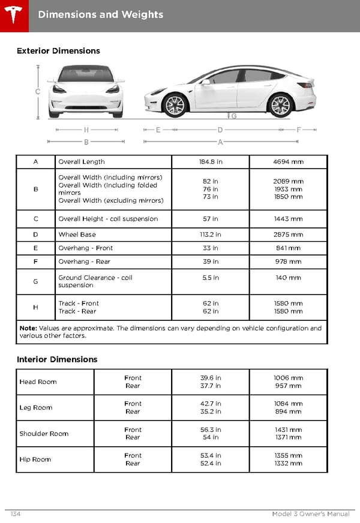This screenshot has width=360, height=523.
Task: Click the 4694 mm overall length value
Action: (288, 161)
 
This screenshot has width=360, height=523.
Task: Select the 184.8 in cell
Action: (210, 161)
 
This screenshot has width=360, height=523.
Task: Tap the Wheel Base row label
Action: (77, 235)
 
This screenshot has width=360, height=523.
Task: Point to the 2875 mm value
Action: (288, 235)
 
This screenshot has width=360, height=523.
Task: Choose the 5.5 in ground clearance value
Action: (210, 278)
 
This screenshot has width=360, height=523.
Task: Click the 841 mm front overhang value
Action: (288, 248)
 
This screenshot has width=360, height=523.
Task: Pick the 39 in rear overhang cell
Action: (210, 261)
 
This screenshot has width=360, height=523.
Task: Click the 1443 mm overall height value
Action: (288, 219)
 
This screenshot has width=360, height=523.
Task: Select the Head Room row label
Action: (38, 381)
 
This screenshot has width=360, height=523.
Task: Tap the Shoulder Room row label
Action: (44, 434)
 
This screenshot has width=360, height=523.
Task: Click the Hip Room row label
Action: (35, 459)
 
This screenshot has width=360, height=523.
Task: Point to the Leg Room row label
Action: (36, 408)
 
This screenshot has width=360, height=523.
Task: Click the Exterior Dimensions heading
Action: (58, 51)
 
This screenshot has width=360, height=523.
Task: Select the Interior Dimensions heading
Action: (57, 359)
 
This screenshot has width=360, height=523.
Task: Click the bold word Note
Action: (28, 328)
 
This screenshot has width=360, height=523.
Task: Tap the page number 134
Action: (16, 514)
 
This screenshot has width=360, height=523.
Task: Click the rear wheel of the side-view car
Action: (280, 106)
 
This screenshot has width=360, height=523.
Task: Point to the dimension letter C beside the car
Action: (37, 92)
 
